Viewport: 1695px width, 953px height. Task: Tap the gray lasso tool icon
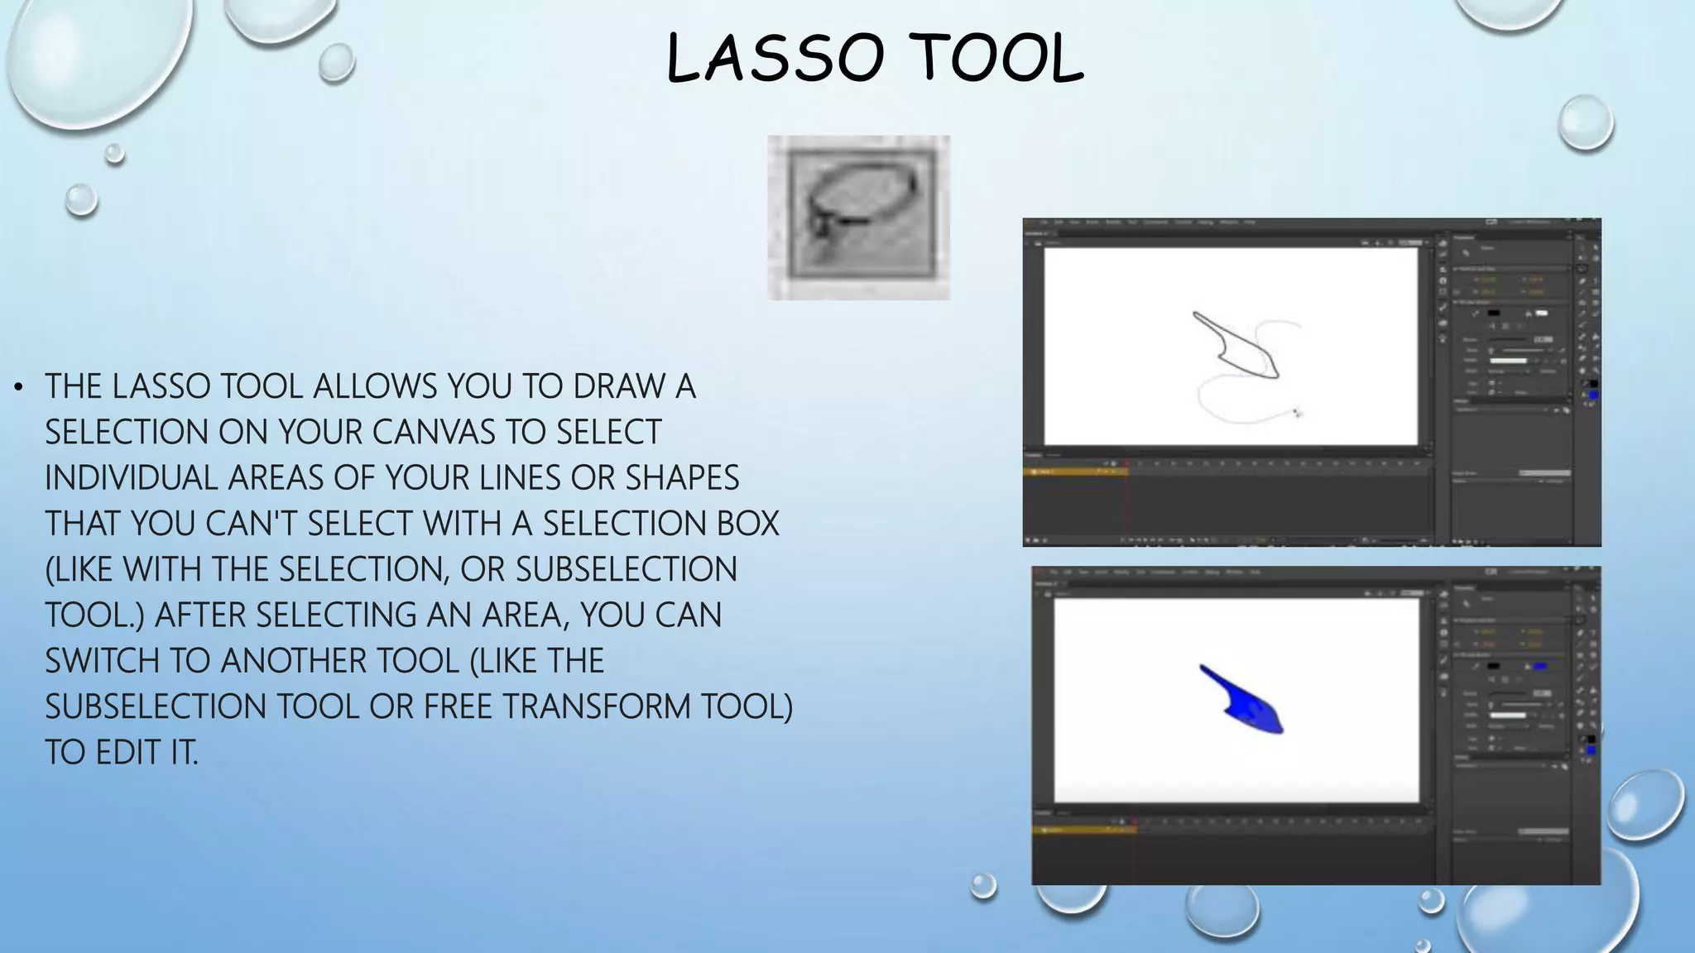858,217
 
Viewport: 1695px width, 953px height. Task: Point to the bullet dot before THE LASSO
19,386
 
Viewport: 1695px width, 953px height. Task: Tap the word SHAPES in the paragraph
682,478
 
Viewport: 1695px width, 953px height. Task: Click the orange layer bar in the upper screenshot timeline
1074,472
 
